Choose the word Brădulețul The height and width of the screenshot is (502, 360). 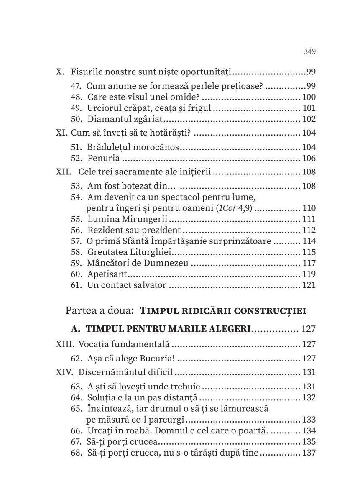pos(111,147)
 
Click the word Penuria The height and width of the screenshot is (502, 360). pos(104,158)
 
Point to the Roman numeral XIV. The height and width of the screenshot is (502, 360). pos(64,372)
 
